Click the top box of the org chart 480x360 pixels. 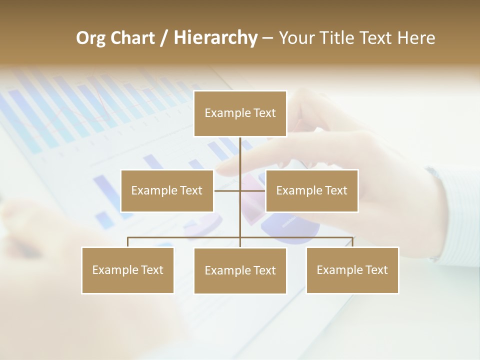[x=240, y=113]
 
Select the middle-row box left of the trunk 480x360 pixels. [x=167, y=190]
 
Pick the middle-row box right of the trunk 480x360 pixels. [x=311, y=190]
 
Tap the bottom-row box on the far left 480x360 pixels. [x=128, y=270]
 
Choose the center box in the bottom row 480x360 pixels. [x=240, y=270]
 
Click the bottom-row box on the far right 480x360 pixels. [x=352, y=270]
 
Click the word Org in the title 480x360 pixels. [x=89, y=38]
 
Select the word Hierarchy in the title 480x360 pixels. [x=215, y=38]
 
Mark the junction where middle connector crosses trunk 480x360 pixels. [x=240, y=190]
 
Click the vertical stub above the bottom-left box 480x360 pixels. [x=128, y=242]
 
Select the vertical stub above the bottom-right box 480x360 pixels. [x=352, y=242]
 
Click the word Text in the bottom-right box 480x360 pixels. [x=376, y=270]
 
